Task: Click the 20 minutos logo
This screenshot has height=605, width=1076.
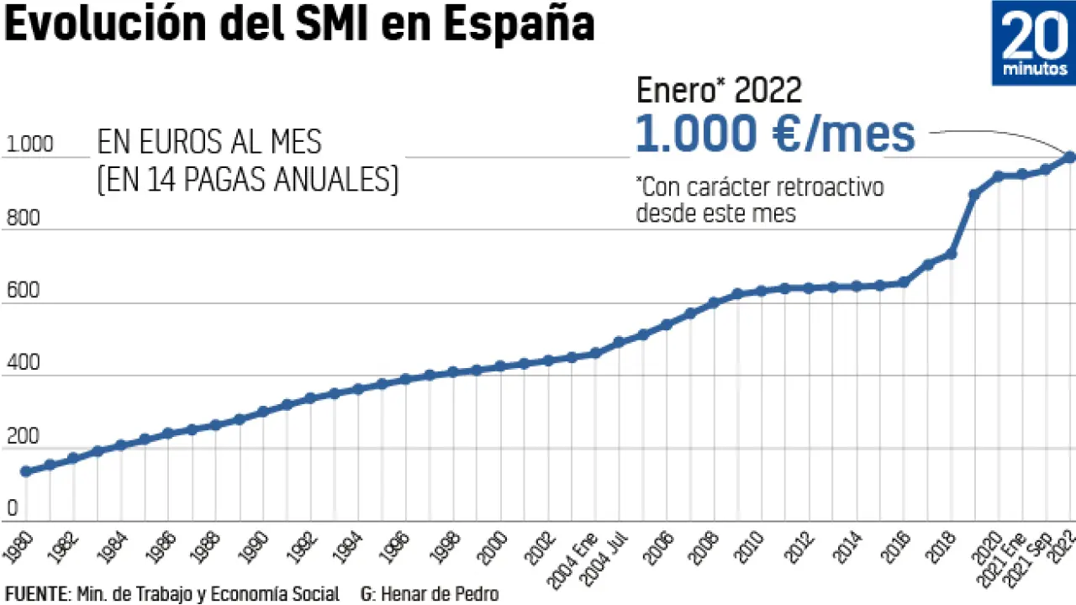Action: [x=1034, y=43]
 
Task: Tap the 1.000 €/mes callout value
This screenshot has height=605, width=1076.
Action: [x=774, y=134]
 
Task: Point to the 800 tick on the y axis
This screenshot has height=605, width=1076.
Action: [x=24, y=218]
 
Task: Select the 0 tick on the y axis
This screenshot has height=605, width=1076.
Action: [x=13, y=508]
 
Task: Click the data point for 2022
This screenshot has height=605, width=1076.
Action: [x=1070, y=156]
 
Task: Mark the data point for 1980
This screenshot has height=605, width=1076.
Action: [x=25, y=471]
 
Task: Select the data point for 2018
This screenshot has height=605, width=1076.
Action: [x=952, y=254]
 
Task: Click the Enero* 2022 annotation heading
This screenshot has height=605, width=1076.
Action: [x=719, y=90]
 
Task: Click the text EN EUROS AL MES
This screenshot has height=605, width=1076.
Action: [x=209, y=143]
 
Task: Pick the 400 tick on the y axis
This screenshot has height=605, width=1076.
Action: [x=24, y=365]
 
